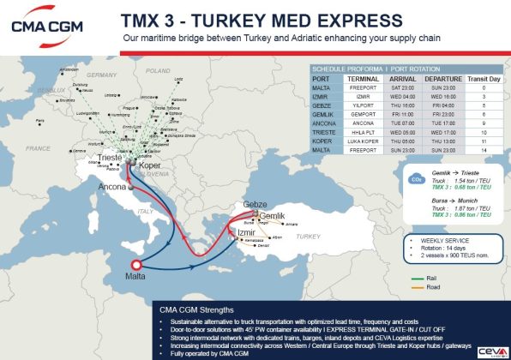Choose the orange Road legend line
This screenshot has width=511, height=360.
click(419, 288)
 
